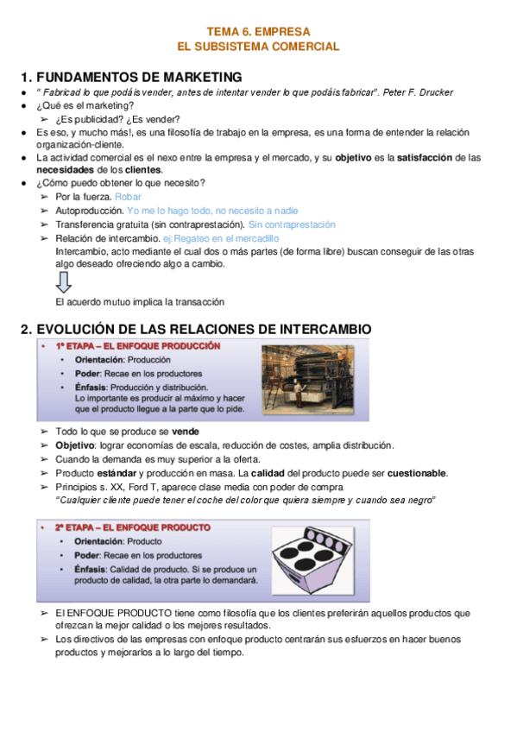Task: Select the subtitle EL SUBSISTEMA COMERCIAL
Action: click(258, 47)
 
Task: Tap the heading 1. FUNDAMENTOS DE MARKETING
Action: click(130, 77)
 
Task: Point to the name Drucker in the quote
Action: click(432, 92)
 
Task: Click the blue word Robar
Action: click(128, 197)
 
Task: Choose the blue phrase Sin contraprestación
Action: click(291, 224)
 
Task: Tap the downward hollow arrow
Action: click(64, 281)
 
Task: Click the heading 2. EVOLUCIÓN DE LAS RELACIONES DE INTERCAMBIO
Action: click(196, 329)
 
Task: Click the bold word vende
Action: click(186, 431)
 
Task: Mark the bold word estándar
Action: click(117, 473)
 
